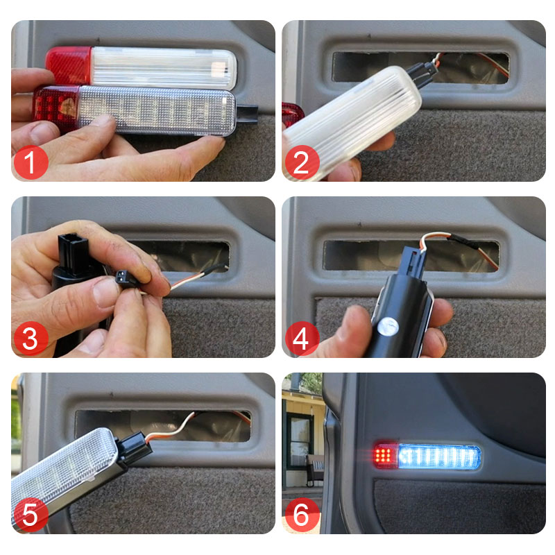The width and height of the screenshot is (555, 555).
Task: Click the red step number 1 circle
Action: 31,162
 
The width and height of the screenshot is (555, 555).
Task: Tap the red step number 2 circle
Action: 302,162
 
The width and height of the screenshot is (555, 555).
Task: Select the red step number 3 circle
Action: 31,339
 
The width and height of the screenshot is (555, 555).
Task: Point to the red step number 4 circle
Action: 302,339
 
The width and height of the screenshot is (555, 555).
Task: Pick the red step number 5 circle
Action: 31,515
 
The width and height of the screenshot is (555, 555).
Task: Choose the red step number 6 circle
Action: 302,515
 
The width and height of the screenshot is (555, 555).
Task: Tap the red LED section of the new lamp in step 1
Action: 57,108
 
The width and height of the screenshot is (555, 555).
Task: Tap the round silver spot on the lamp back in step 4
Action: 388,326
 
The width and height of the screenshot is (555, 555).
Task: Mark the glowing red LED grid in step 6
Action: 384,456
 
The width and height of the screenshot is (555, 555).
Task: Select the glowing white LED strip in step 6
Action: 439,457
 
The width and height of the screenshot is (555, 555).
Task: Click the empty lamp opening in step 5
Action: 163,426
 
